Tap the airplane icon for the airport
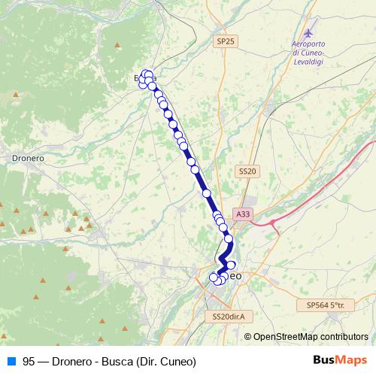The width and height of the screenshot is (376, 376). (x=308, y=34)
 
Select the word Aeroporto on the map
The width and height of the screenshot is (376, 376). (x=308, y=44)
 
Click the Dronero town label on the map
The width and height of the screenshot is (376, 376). (x=27, y=159)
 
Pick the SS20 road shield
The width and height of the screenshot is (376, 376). (x=247, y=171)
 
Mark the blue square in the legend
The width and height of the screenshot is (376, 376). (x=9, y=361)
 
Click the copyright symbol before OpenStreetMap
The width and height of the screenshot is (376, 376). (x=249, y=337)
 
